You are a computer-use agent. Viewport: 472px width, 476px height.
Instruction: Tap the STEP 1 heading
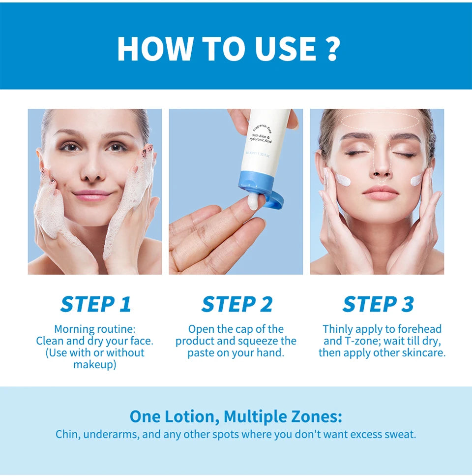pyautogui.click(x=95, y=304)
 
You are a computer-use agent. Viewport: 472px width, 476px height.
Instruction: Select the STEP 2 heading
pyautogui.click(x=236, y=304)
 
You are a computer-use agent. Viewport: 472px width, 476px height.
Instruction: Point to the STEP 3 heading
pyautogui.click(x=378, y=304)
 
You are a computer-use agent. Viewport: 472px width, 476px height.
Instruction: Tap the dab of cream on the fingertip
pyautogui.click(x=254, y=200)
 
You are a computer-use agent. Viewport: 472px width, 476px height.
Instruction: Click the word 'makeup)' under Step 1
pyautogui.click(x=95, y=365)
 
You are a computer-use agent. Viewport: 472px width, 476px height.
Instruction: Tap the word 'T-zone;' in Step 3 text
pyautogui.click(x=362, y=341)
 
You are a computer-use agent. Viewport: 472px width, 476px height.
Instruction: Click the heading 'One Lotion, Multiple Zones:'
pyautogui.click(x=236, y=416)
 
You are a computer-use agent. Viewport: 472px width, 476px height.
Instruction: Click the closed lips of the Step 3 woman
pyautogui.click(x=380, y=192)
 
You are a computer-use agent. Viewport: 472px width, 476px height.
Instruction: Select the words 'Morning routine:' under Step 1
pyautogui.click(x=94, y=329)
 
